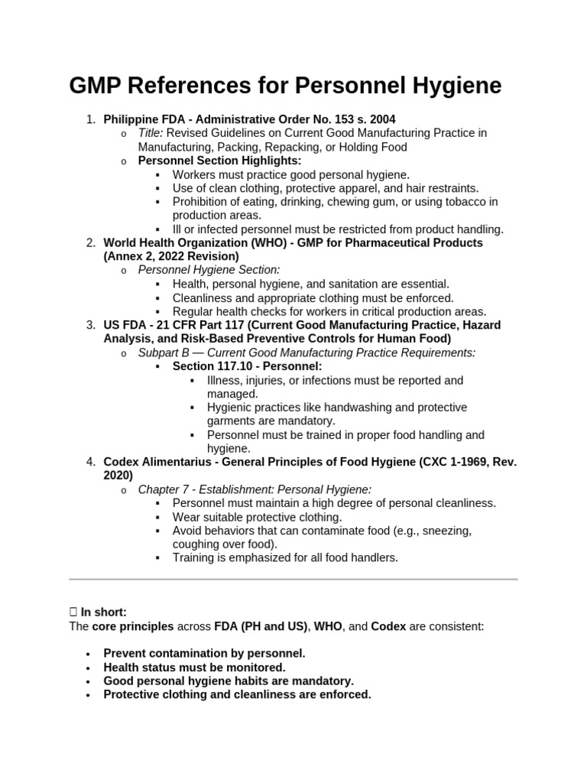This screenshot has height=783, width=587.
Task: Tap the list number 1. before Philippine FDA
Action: pos(89,119)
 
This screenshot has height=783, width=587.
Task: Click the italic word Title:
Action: pos(151,133)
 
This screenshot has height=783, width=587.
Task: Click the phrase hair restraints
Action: pos(440,188)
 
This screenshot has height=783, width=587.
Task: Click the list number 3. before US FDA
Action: pos(89,325)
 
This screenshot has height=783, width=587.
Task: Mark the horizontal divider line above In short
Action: pos(293,579)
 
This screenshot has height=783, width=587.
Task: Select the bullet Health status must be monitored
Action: pos(194,668)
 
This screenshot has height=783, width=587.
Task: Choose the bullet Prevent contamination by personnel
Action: pos(204,654)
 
